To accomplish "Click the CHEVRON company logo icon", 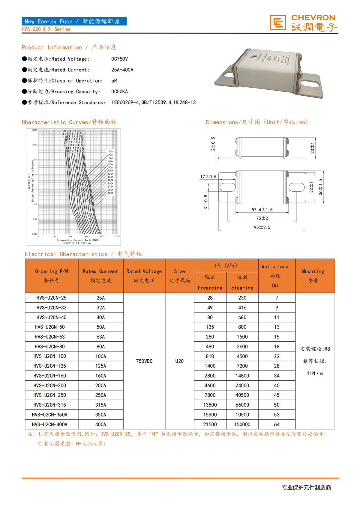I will [277, 23].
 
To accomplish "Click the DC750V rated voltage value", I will [119, 59].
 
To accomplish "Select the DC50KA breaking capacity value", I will [119, 91].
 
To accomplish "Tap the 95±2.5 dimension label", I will [262, 227].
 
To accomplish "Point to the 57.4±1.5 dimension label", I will [262, 210].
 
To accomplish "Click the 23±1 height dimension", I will [312, 148].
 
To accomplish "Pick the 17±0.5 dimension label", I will [208, 177].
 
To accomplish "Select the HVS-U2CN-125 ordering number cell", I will [50, 366].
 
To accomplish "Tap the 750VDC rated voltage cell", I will [144, 361].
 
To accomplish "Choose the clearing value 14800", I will [242, 376].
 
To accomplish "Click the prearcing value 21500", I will [210, 424].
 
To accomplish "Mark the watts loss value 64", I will [277, 424].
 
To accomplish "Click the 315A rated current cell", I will [100, 405].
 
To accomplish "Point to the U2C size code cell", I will [179, 361].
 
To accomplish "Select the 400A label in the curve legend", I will [111, 193].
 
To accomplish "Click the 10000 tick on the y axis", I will [34, 130].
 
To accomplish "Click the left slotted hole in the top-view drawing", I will [228, 187].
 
